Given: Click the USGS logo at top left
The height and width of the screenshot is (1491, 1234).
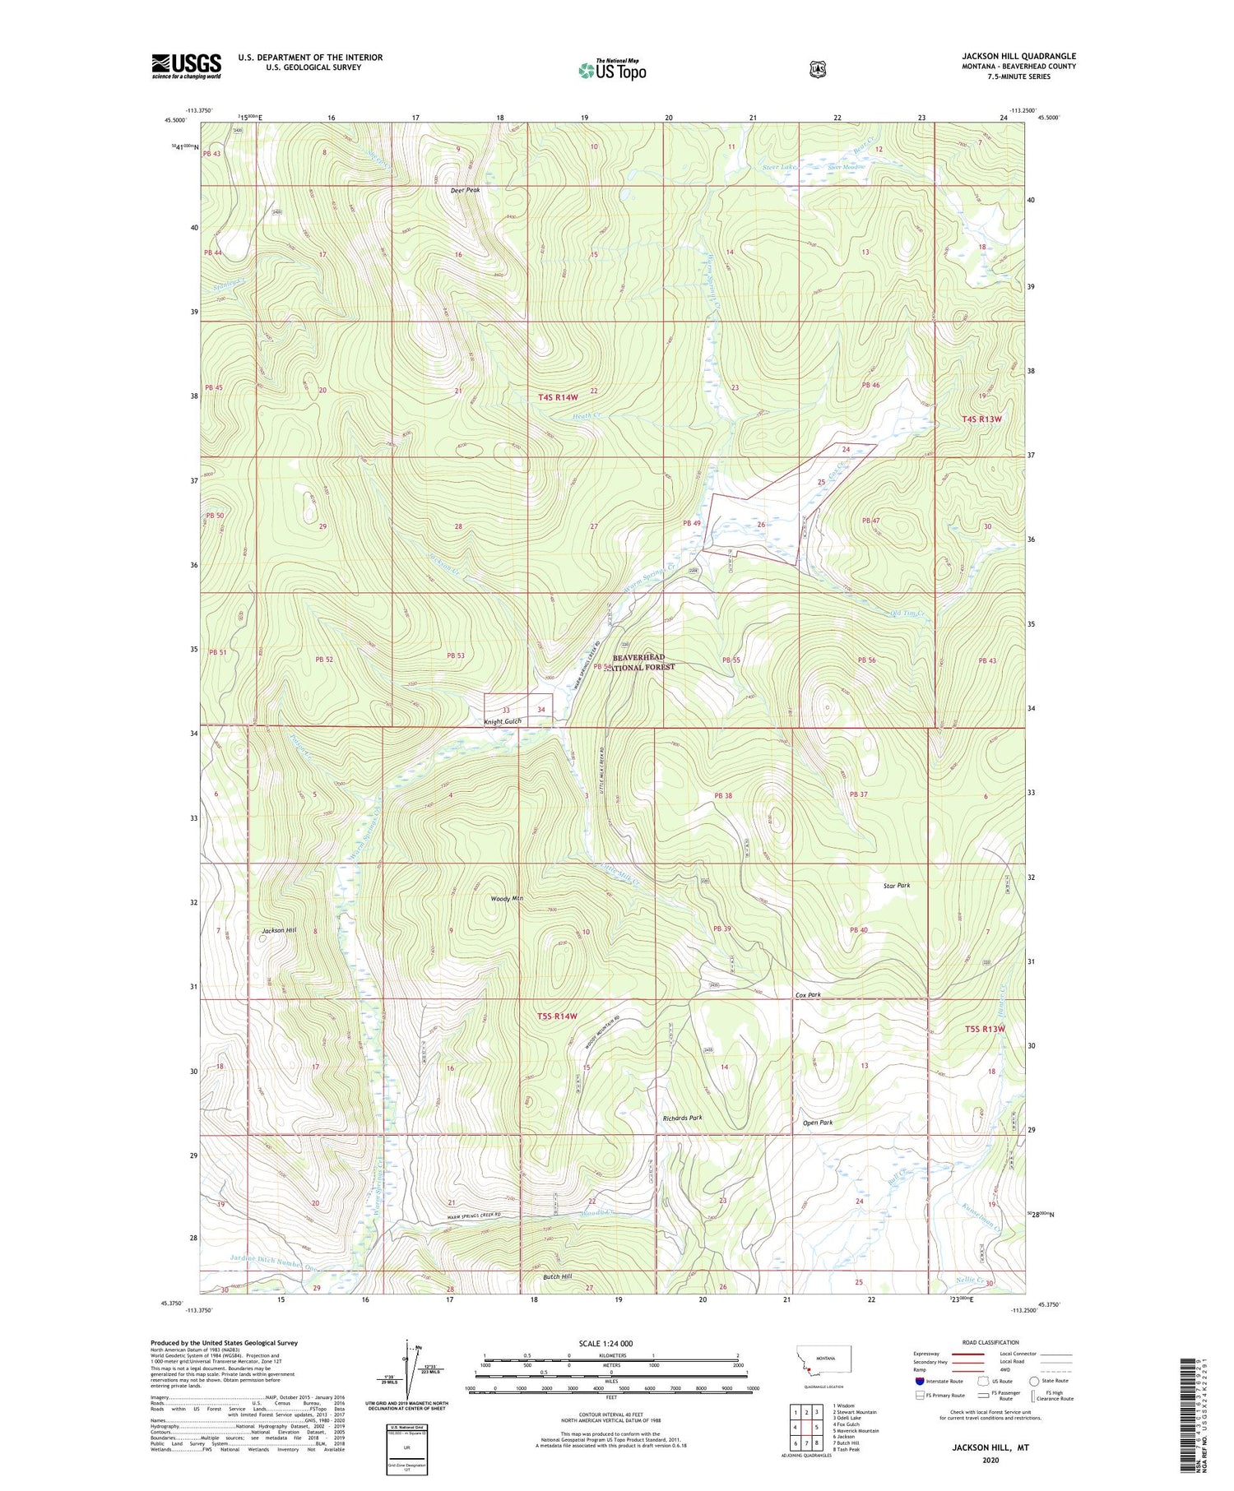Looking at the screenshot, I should click(x=186, y=66).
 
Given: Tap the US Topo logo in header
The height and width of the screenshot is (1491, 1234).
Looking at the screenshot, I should click(x=612, y=70).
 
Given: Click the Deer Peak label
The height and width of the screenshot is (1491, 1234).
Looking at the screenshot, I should click(x=465, y=190).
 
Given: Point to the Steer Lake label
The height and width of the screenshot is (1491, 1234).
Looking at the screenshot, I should click(x=778, y=168).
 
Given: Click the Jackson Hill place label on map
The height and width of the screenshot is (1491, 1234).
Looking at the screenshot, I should click(x=278, y=930).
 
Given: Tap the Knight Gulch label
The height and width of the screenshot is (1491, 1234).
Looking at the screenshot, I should click(x=502, y=721).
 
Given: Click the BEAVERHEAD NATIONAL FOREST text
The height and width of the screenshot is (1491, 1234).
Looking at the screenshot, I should click(x=638, y=662).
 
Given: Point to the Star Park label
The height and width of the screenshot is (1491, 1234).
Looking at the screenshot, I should click(x=897, y=886).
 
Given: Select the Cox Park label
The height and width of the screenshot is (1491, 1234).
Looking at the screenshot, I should click(x=808, y=995).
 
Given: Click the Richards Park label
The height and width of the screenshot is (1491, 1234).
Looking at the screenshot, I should click(x=682, y=1118).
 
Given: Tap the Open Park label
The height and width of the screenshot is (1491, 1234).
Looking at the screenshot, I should click(x=818, y=1123).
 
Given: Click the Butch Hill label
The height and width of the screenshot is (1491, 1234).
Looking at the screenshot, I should click(x=558, y=1276).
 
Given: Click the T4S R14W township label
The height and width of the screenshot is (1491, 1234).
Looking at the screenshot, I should click(x=561, y=397).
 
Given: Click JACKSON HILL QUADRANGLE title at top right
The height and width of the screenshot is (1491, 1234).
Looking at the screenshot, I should click(x=1018, y=56).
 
